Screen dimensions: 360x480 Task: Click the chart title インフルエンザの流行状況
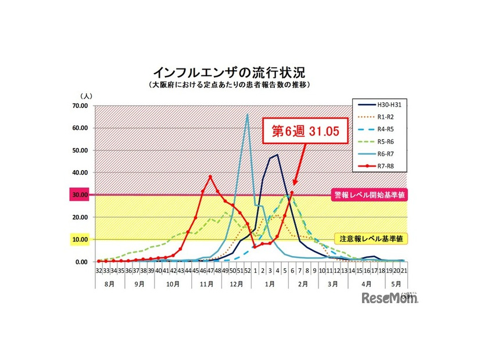228,73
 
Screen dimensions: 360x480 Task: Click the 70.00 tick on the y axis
78,106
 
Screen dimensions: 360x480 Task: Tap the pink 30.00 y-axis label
78,195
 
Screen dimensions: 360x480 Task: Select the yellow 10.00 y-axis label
78,239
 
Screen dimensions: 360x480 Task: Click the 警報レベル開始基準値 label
368,195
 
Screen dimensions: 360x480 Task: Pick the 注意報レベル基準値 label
370,239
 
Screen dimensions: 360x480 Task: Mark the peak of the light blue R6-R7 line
248,115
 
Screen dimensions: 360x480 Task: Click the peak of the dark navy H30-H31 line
277,154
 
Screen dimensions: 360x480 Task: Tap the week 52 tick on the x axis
248,271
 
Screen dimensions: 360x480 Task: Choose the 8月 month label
110,286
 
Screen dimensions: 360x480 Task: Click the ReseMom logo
389,298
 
